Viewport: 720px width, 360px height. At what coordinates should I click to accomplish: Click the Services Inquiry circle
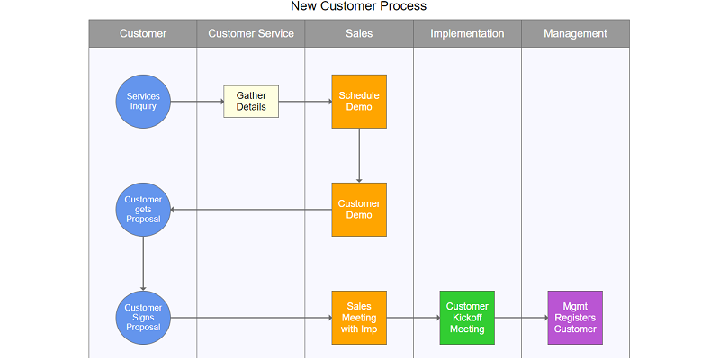point(143,102)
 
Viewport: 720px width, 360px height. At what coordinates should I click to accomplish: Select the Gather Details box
point(251,102)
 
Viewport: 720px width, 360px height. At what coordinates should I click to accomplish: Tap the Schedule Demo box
point(359,102)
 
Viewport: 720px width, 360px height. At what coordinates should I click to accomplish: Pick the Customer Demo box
point(359,210)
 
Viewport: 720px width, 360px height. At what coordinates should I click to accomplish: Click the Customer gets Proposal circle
point(143,210)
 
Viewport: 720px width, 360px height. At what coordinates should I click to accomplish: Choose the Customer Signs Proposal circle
point(143,318)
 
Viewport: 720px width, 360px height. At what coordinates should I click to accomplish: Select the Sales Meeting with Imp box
point(359,318)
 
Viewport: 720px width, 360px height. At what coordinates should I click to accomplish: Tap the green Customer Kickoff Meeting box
point(467,318)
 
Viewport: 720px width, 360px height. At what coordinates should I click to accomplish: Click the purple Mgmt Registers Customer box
point(575,318)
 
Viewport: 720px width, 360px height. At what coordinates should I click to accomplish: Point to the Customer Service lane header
point(251,33)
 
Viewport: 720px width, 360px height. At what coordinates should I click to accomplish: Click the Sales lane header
point(359,33)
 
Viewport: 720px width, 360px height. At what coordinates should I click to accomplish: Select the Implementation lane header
point(467,33)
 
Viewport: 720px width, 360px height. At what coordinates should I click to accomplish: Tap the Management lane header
point(575,33)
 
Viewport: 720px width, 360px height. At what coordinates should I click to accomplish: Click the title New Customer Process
point(358,6)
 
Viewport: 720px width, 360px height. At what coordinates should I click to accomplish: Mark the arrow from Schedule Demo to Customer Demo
point(359,156)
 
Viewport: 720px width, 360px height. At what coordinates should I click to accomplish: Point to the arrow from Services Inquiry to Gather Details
point(197,102)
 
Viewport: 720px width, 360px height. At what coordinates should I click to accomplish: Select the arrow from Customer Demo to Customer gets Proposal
point(251,210)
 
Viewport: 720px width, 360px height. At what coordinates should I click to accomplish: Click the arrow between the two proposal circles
point(143,264)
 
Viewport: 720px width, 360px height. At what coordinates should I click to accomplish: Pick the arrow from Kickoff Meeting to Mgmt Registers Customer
point(521,318)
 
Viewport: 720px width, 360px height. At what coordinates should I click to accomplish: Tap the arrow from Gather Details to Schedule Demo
point(305,102)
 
